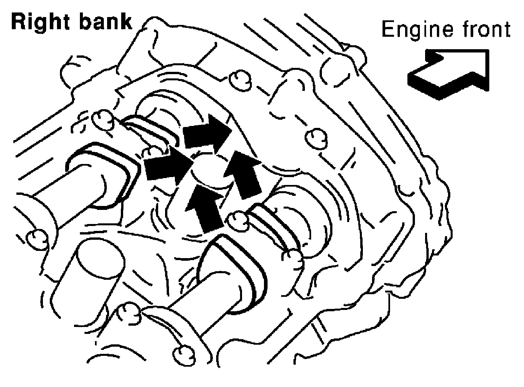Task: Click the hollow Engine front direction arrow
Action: (449, 74)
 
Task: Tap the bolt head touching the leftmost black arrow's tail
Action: (151, 152)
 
